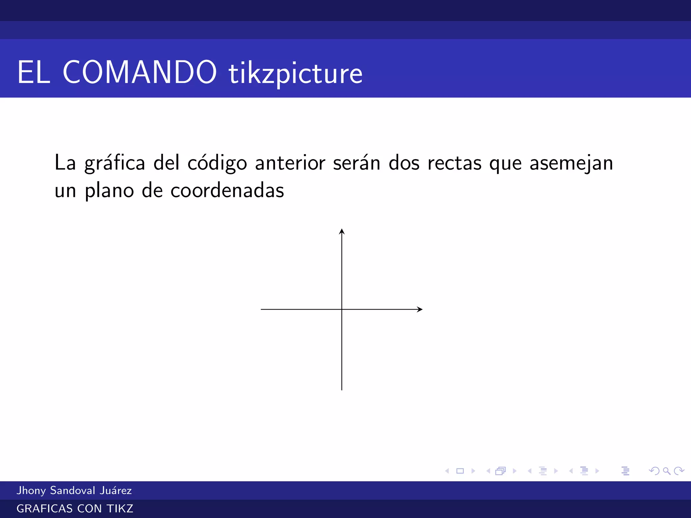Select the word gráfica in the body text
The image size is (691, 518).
click(115, 163)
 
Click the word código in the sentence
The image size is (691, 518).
click(217, 163)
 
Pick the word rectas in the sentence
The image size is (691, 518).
click(454, 163)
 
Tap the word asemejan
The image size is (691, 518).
click(571, 163)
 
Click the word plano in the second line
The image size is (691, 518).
click(109, 191)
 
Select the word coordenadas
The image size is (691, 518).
click(227, 191)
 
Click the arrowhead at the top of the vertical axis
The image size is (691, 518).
click(342, 231)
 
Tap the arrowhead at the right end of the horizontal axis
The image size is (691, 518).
click(420, 309)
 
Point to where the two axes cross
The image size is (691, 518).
click(342, 309)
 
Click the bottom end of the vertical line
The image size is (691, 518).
click(342, 390)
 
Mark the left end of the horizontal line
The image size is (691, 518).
click(261, 309)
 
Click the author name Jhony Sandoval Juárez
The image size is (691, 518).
click(74, 490)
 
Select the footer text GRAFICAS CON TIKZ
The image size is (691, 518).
click(75, 509)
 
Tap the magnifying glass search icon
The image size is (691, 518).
click(666, 471)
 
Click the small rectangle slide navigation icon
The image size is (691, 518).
click(460, 471)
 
